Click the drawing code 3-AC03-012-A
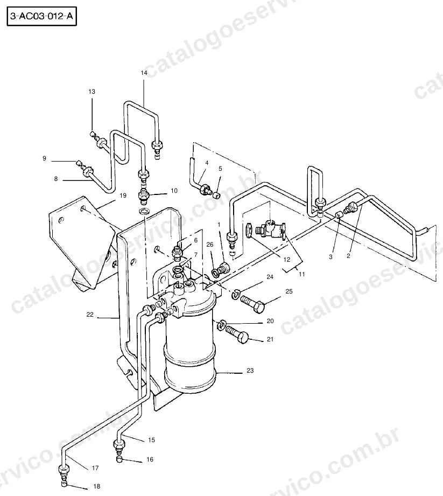pos(41,16)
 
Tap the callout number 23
pos(250,371)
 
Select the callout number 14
pos(144,73)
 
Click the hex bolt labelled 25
pos(252,304)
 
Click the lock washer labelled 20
pos(221,325)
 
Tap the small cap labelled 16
pos(119,459)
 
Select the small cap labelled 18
pos(64,483)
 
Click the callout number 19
pos(123,195)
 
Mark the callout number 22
pos(90,315)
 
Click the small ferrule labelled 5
pos(216,195)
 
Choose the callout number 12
pos(287,260)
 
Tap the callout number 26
pos(210,244)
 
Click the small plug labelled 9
pos(78,163)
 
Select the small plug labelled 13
pos(93,135)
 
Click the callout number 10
pos(174,191)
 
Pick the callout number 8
pos(56,179)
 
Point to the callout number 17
pos(95,468)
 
